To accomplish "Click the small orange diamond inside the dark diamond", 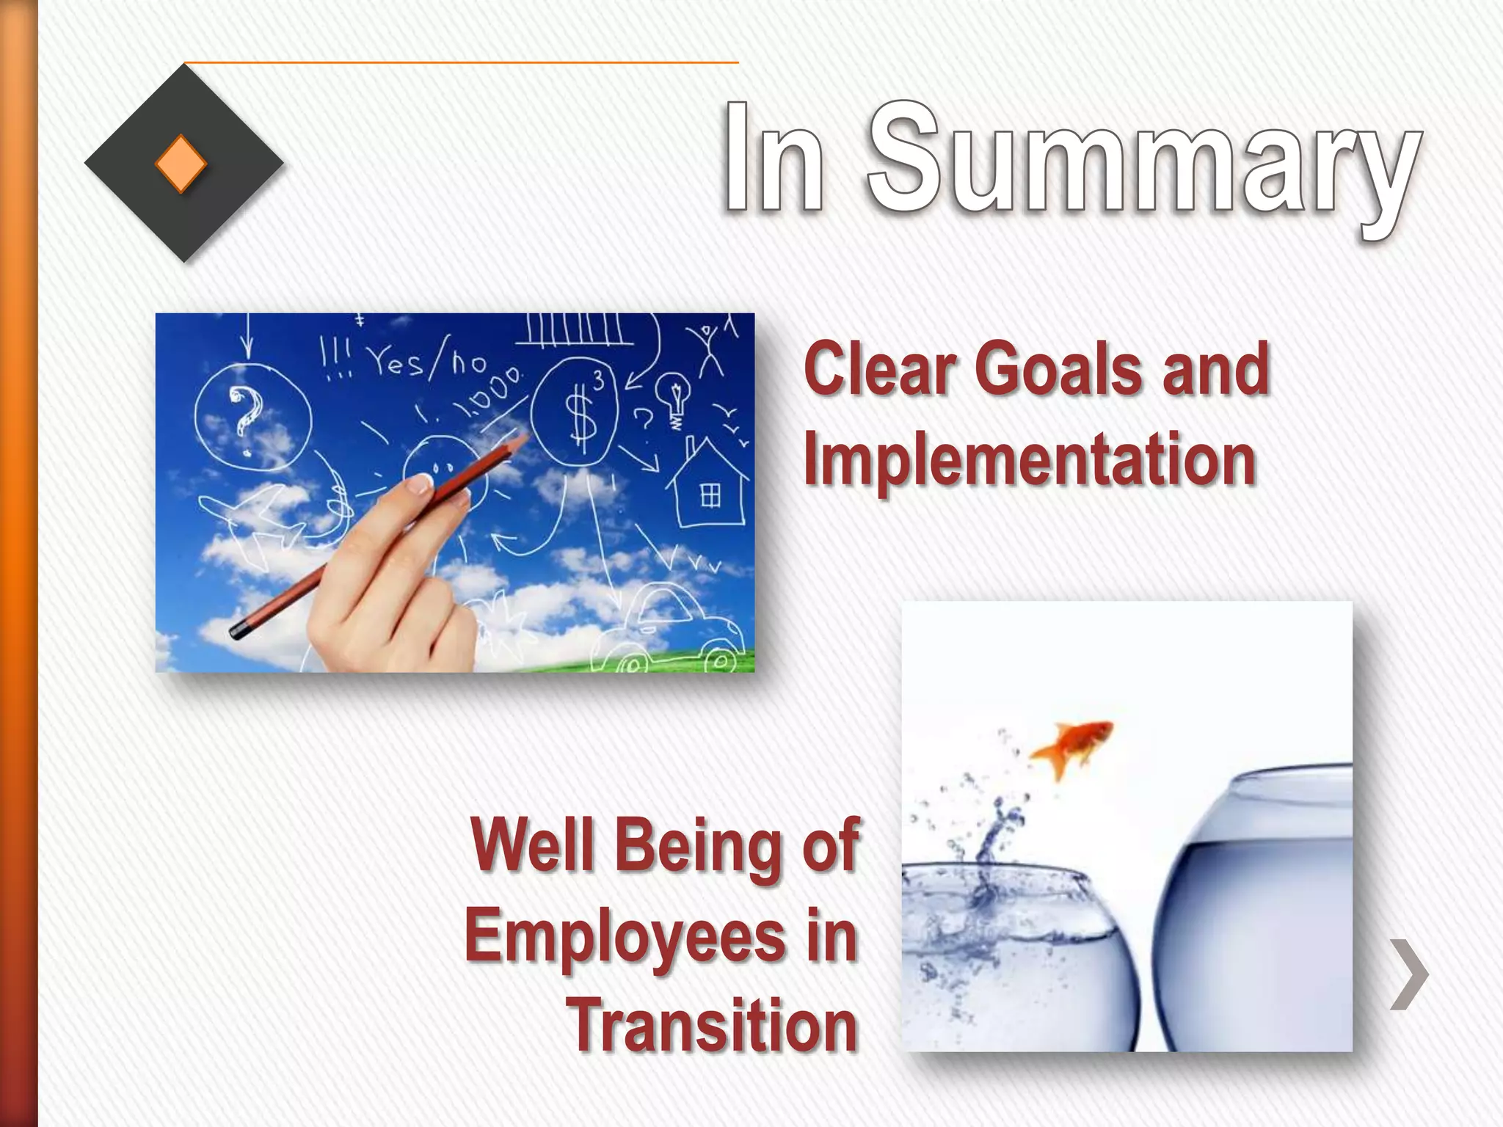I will point(181,163).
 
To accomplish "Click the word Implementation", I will point(1030,460).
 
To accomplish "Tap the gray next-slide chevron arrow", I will point(1409,974).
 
